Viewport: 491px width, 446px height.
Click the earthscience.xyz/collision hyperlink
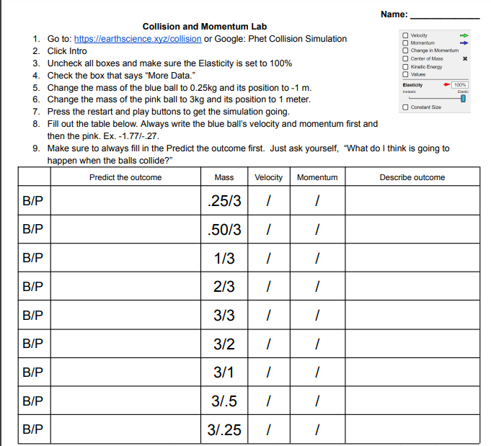coord(138,39)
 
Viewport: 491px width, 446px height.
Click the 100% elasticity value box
coord(460,85)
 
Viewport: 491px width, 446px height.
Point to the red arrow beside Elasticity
coord(447,85)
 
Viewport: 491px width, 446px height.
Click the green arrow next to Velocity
coord(465,35)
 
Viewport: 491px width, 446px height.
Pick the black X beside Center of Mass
coord(465,58)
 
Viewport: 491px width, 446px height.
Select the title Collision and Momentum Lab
coord(205,27)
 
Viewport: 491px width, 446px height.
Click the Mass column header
coord(224,177)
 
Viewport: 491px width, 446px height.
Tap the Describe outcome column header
coord(412,177)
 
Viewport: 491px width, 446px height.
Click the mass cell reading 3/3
coord(224,316)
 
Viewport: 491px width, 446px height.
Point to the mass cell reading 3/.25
coord(224,430)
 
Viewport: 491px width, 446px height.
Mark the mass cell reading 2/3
coord(224,287)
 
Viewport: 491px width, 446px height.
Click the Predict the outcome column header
coord(125,177)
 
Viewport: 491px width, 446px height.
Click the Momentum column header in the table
coord(317,177)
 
